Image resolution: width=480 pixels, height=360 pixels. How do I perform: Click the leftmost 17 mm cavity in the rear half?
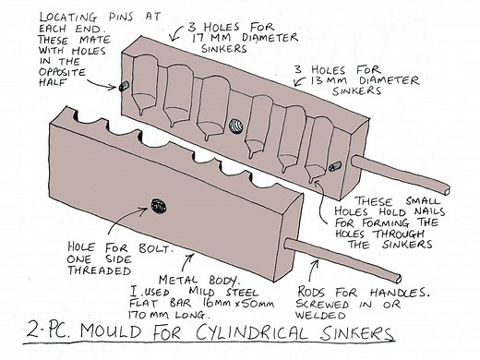click(x=145, y=91)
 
